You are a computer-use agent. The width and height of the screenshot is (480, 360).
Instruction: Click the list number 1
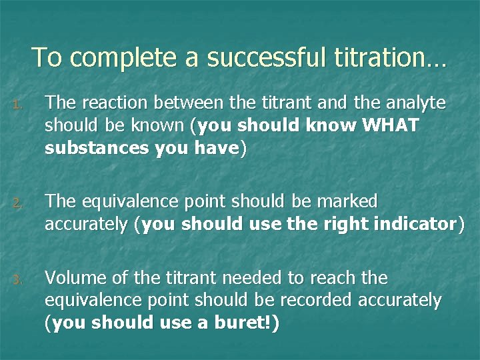point(19,103)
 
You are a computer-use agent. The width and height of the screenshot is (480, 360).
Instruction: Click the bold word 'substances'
point(97,149)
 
